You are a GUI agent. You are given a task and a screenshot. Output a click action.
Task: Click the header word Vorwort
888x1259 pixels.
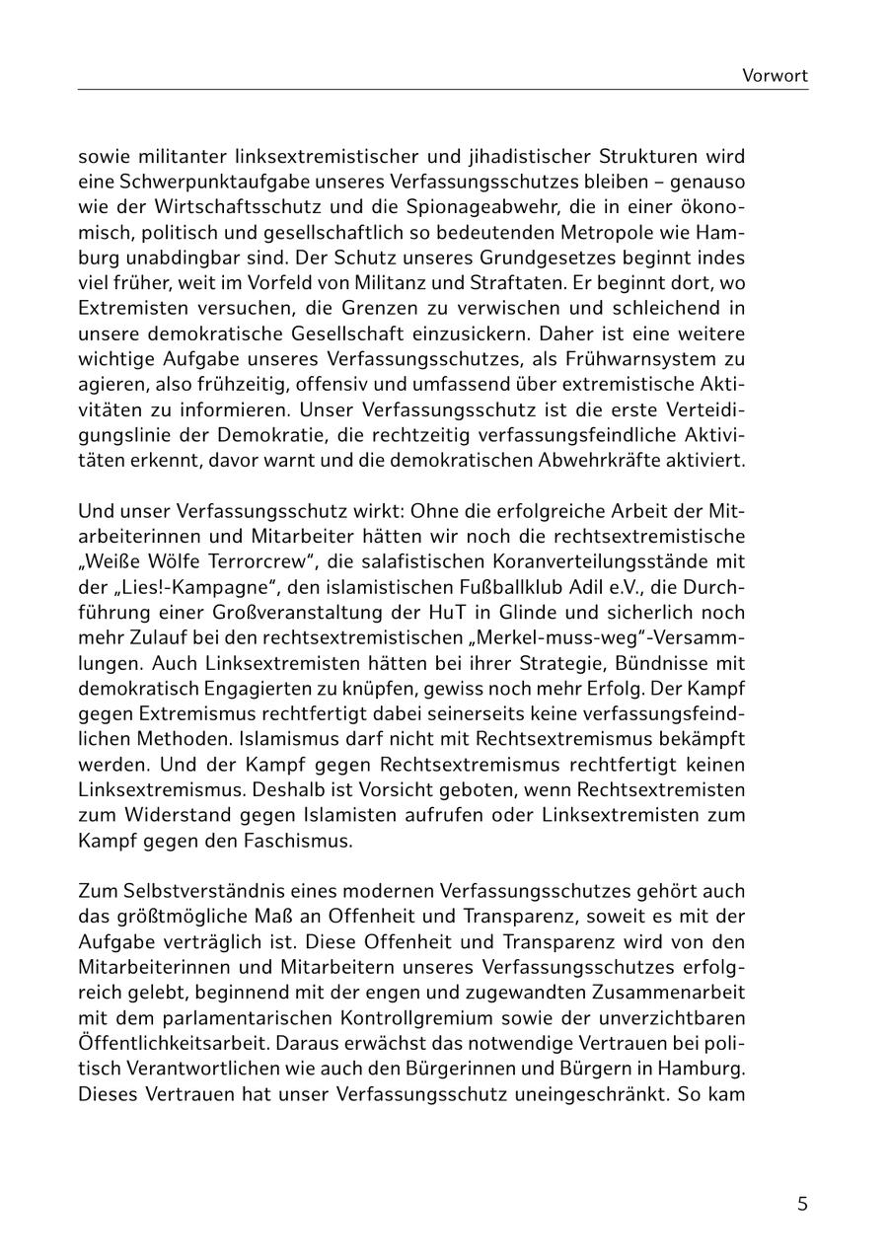[775, 75]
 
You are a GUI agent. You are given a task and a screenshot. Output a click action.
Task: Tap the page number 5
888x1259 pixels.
[802, 1204]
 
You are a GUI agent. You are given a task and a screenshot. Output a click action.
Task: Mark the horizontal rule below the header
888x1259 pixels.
[443, 90]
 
